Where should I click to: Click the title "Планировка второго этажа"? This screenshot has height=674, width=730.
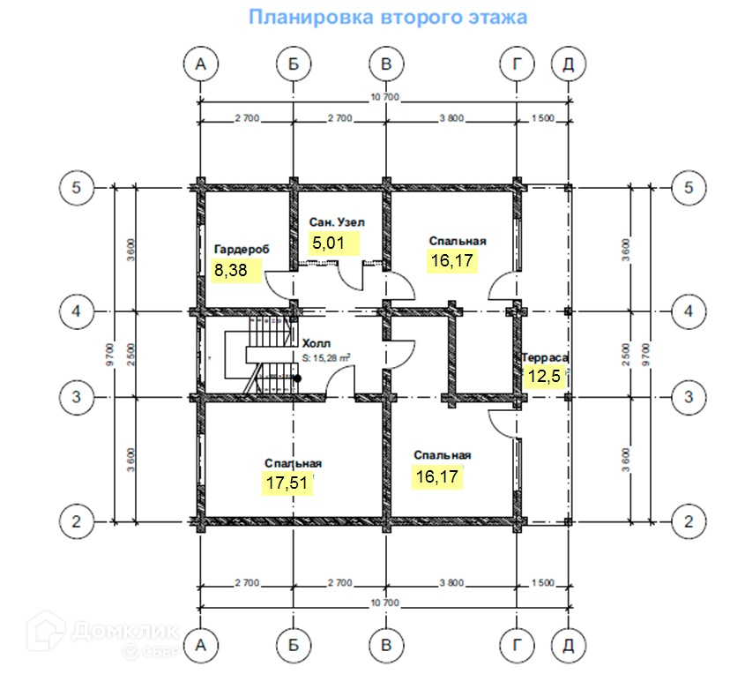[387, 18]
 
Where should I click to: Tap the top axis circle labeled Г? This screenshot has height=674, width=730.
[515, 64]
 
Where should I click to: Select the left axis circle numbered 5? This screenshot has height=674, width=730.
[77, 188]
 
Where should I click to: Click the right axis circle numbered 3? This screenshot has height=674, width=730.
[689, 397]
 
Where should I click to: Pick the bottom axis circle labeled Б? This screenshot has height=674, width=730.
[293, 646]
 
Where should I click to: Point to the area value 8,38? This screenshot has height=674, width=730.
[231, 271]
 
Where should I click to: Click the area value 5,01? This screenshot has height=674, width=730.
[329, 243]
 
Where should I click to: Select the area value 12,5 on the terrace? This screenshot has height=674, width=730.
[542, 376]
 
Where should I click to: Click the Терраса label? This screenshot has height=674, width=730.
[545, 357]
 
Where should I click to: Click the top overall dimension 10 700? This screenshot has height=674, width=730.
[385, 96]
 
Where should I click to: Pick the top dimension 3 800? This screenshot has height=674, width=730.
[450, 118]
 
